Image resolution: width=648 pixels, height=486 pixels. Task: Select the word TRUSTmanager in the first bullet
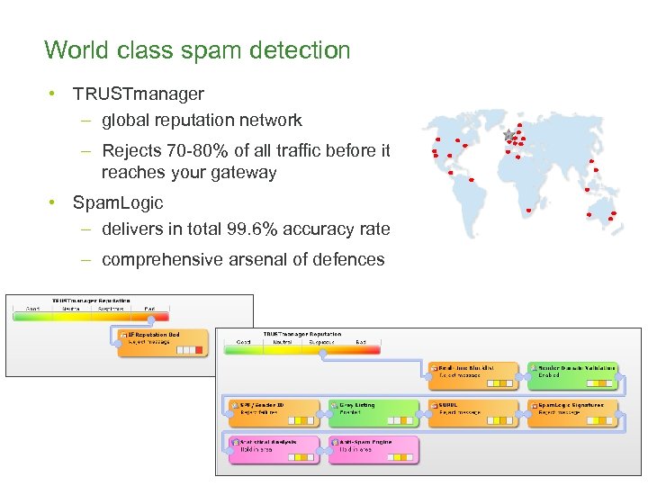139,94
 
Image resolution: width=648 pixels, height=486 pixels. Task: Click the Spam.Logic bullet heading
118,202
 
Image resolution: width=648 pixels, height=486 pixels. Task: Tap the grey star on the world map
509,134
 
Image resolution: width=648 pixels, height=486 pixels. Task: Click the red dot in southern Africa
528,210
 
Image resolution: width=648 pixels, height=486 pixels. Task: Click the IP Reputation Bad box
163,342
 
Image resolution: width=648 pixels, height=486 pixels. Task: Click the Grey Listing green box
373,412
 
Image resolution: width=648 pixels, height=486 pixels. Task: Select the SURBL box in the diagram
473,412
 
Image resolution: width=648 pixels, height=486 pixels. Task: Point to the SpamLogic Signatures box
572,412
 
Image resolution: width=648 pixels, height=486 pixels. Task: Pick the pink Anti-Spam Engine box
373,449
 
